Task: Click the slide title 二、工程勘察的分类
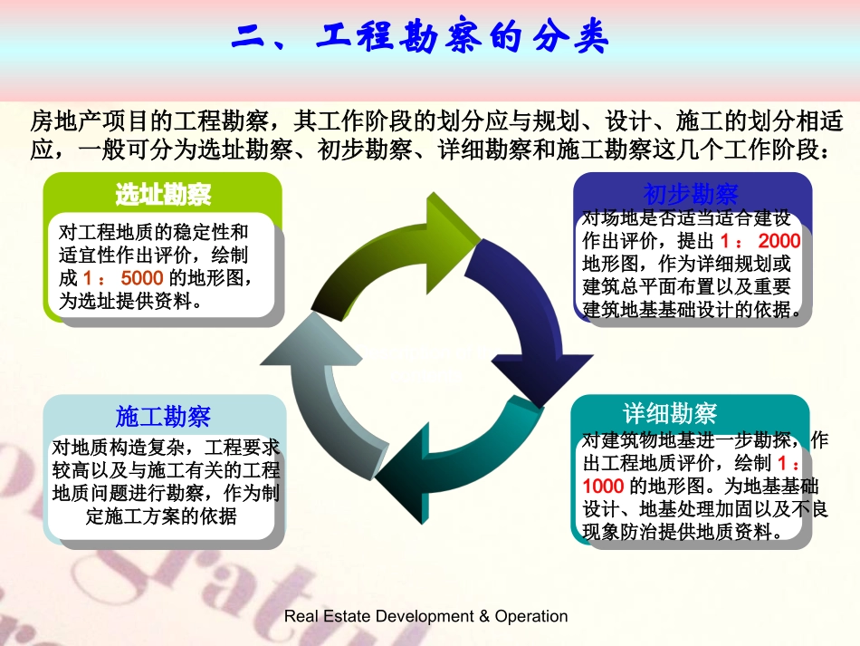click(x=421, y=37)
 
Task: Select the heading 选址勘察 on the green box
click(x=163, y=194)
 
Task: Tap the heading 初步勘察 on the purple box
click(x=691, y=193)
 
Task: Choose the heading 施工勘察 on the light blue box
click(x=163, y=416)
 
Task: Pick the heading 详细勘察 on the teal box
click(x=670, y=414)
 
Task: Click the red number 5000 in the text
click(x=141, y=278)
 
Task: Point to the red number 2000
click(x=779, y=241)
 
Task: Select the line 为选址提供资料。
click(x=129, y=302)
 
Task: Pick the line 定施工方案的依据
click(x=163, y=517)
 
